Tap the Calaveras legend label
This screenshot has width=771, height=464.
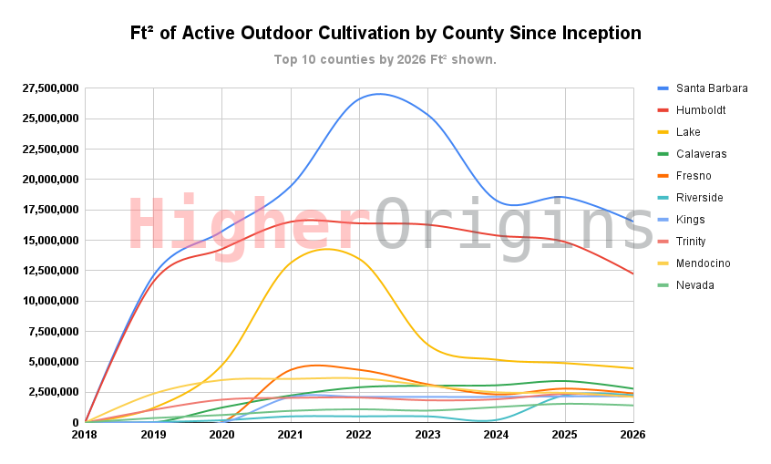(700, 154)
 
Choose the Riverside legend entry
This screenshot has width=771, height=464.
(700, 198)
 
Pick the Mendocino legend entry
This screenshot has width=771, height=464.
(704, 263)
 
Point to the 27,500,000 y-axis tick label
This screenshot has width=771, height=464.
(50, 88)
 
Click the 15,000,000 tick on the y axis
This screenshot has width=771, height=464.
(50, 240)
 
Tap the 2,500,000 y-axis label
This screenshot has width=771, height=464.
(54, 392)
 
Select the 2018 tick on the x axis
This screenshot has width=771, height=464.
(86, 435)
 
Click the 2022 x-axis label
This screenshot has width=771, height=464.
(359, 435)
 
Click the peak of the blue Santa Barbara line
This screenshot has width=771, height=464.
(377, 94)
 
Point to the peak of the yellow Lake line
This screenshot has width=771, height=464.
(324, 249)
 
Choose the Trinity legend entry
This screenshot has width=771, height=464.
(696, 242)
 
